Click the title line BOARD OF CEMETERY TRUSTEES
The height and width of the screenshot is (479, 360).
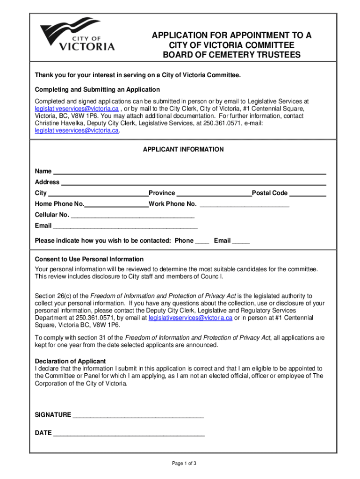(231, 55)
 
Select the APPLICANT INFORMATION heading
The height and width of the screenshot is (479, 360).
(183, 150)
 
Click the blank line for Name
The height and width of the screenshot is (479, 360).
(189, 171)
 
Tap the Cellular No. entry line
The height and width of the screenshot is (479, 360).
(132, 216)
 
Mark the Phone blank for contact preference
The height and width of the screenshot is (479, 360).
(202, 241)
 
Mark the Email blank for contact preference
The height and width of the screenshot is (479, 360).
(241, 241)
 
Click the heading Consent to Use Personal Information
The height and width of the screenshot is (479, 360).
(89, 259)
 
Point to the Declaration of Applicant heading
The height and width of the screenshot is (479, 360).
(71, 361)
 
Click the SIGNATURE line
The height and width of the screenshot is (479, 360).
(138, 415)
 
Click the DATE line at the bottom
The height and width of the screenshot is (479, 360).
(129, 434)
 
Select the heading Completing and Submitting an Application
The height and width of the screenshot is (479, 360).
(97, 89)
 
